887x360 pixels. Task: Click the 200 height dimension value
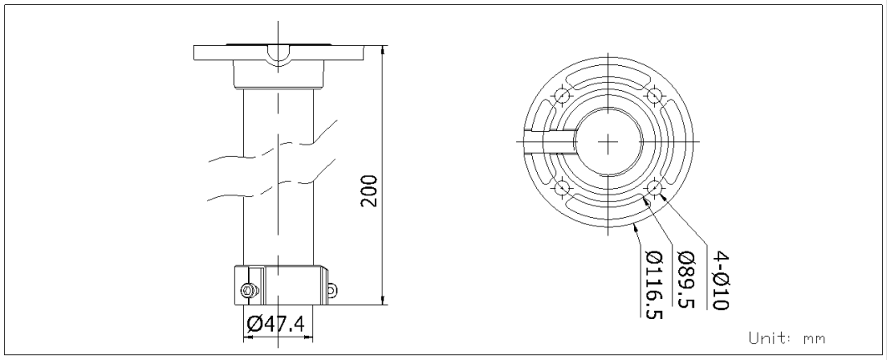pos(369,190)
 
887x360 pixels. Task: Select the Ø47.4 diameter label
pos(276,324)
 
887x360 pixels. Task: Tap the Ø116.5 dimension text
pos(654,285)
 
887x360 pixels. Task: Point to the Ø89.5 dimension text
pos(686,279)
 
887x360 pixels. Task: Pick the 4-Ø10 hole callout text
pos(720,280)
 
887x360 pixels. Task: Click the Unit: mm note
pos(787,338)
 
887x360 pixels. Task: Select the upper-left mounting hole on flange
pos(562,95)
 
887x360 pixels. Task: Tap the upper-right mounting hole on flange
pos(654,95)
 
